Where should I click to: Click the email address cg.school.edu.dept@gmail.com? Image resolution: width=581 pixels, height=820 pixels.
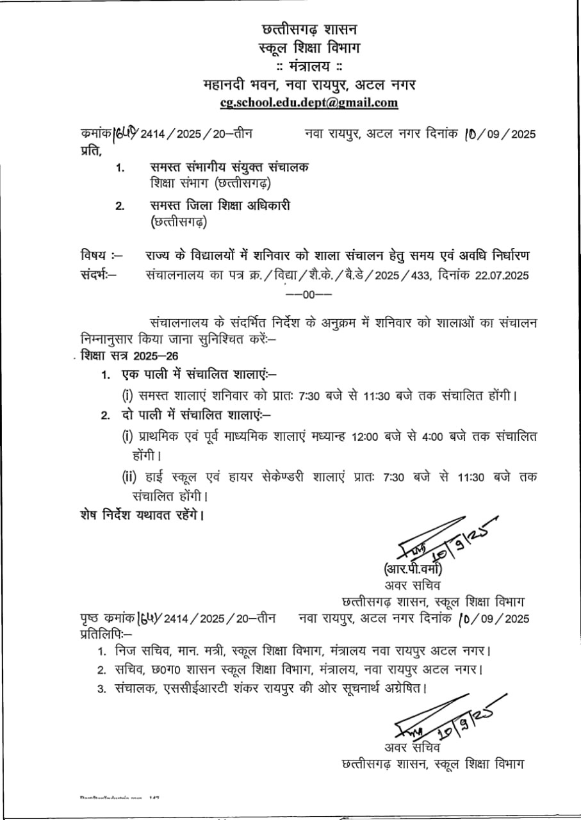[309, 102]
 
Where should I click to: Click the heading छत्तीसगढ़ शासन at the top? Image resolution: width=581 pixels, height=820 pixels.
[310, 29]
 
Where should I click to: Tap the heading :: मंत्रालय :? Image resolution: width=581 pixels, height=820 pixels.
[309, 67]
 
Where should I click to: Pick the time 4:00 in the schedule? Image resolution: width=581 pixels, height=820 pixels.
[432, 437]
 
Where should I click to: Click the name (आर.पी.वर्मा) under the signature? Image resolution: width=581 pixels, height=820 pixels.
[414, 570]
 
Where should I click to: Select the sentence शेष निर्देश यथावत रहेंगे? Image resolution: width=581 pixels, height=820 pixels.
[141, 515]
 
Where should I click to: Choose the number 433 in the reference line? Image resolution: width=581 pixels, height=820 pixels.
[442, 275]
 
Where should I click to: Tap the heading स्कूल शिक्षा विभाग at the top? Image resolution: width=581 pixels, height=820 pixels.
[309, 48]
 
